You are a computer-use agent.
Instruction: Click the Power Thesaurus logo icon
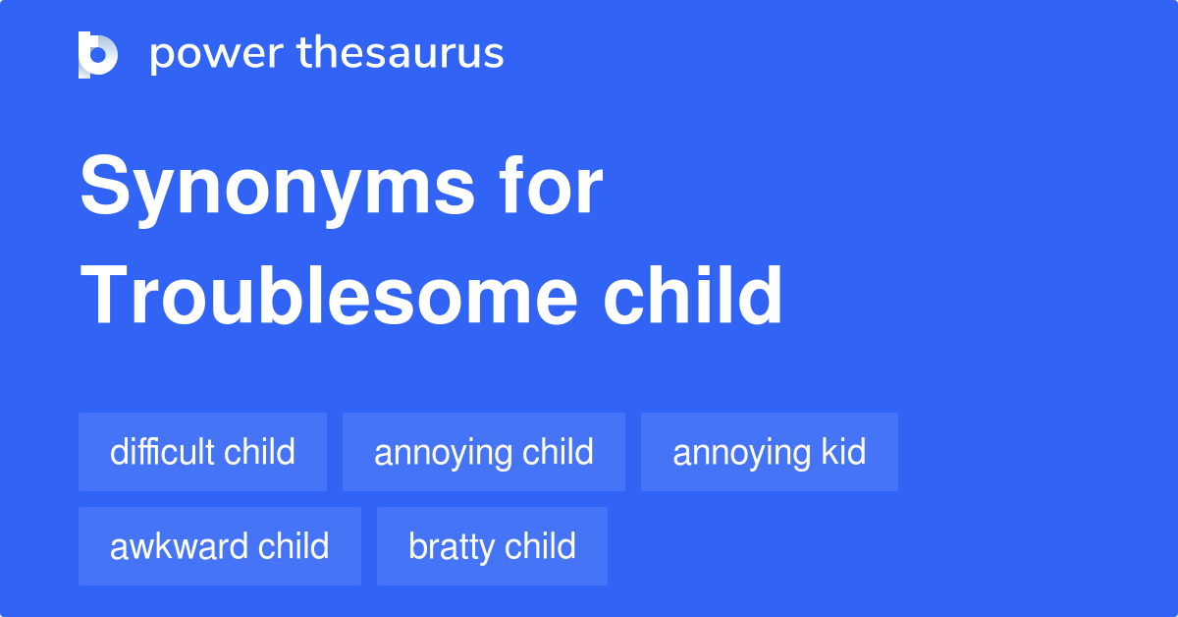98,54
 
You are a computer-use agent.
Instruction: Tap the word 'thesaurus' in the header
401,54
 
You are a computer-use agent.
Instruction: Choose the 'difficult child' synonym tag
202,452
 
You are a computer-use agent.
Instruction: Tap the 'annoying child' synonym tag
483,452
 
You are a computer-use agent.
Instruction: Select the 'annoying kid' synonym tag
769,452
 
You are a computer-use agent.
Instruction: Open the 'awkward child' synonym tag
219,546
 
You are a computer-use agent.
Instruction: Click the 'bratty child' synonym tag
492,546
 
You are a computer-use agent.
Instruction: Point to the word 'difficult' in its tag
162,452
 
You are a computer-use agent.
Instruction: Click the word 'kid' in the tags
842,452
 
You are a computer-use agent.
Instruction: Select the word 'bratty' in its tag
449,547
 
